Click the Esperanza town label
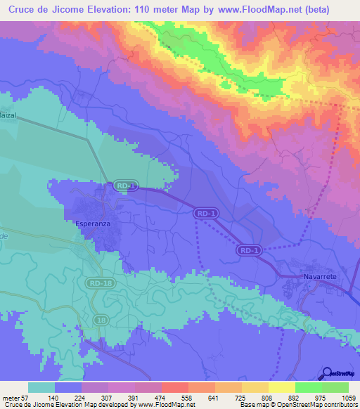(94, 224)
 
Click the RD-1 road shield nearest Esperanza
(124, 186)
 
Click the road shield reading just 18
(103, 320)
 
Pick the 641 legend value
(217, 397)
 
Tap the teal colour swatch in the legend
(41, 387)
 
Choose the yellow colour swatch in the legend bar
(281, 387)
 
